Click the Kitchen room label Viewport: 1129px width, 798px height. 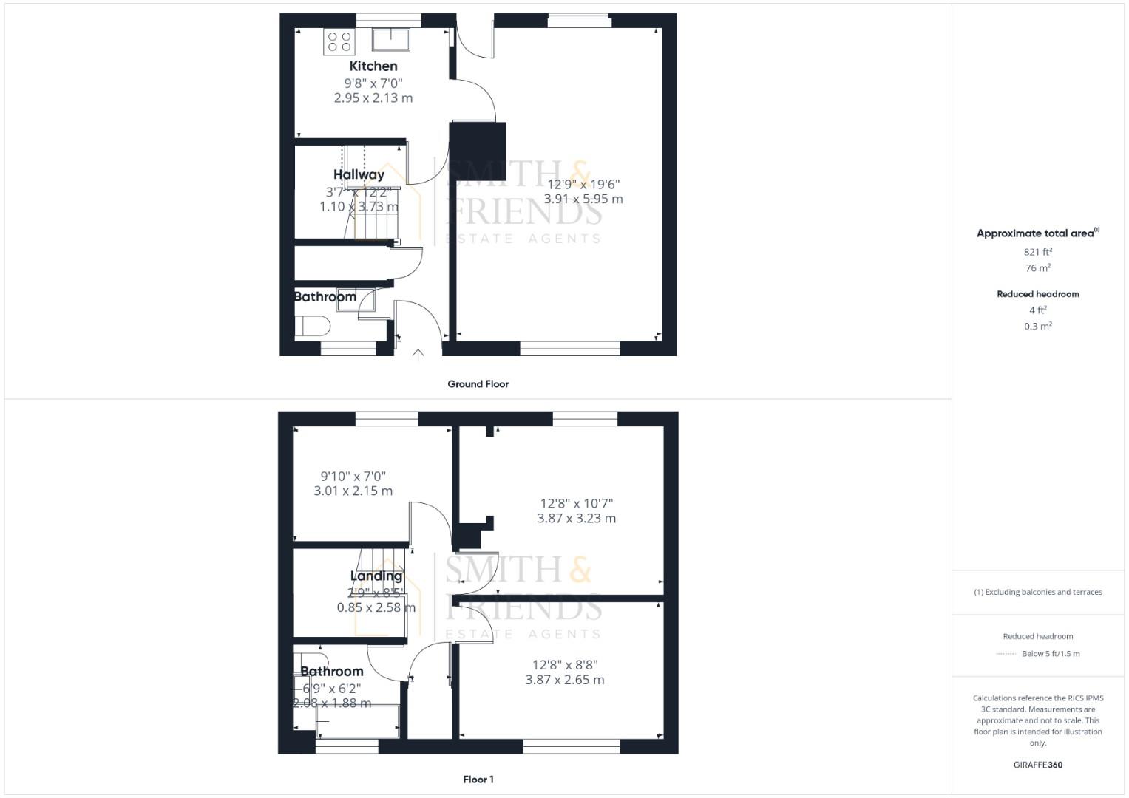pos(373,66)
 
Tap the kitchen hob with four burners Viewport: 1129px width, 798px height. pos(339,41)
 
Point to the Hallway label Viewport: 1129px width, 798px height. pos(359,175)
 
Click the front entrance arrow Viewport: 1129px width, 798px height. pos(418,355)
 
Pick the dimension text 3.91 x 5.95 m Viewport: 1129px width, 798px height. pos(583,199)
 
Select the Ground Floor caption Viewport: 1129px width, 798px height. pos(478,384)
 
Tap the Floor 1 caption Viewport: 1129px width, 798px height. pos(478,780)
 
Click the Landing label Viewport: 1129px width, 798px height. pos(376,576)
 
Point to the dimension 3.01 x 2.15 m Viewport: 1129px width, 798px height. pos(353,491)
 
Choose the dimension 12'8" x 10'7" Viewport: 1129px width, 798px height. pos(576,504)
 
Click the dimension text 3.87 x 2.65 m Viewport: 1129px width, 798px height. pos(565,680)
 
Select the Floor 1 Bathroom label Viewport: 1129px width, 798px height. pos(331,672)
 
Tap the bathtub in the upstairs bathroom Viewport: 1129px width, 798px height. pos(358,721)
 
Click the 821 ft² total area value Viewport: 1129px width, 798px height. pos(1038,252)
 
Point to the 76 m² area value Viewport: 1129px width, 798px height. pos(1038,268)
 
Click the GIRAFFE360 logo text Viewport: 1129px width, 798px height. pos(1038,765)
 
